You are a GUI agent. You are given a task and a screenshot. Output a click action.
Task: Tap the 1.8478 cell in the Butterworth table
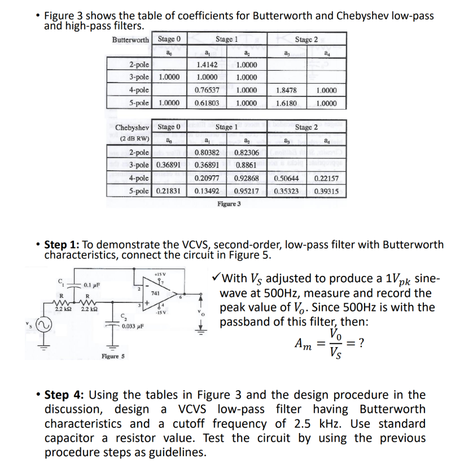[287, 90]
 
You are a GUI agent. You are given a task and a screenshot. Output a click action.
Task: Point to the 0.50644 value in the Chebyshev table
[287, 179]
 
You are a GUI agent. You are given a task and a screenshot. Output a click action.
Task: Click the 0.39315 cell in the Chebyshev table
[327, 192]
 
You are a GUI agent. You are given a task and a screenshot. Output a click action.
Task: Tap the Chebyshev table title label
[132, 128]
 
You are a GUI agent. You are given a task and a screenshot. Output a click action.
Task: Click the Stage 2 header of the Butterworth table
[306, 40]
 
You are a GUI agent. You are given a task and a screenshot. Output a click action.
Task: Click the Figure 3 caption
[229, 204]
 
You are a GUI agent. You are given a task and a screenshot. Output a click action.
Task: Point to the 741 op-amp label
[155, 293]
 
